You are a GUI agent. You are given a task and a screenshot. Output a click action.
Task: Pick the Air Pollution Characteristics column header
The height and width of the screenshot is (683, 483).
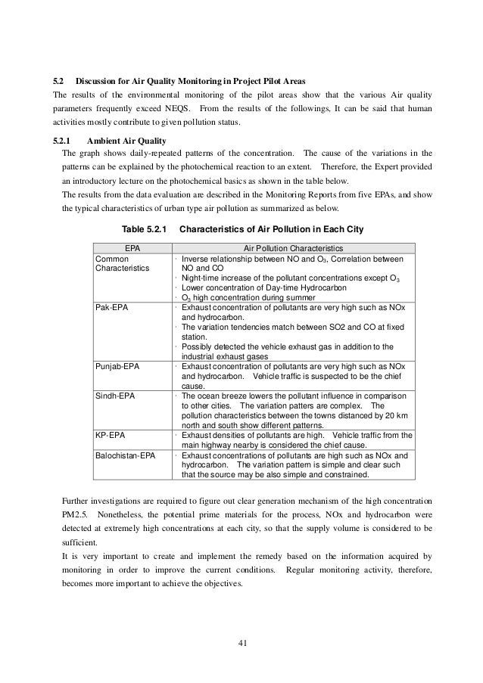coord(293,247)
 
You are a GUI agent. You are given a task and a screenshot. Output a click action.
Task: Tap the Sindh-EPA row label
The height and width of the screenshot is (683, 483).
coord(113,395)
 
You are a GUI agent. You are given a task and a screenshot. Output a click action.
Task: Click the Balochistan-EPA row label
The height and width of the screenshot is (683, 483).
coord(125,456)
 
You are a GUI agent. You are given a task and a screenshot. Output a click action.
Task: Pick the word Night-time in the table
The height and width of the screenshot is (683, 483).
coord(201,278)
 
